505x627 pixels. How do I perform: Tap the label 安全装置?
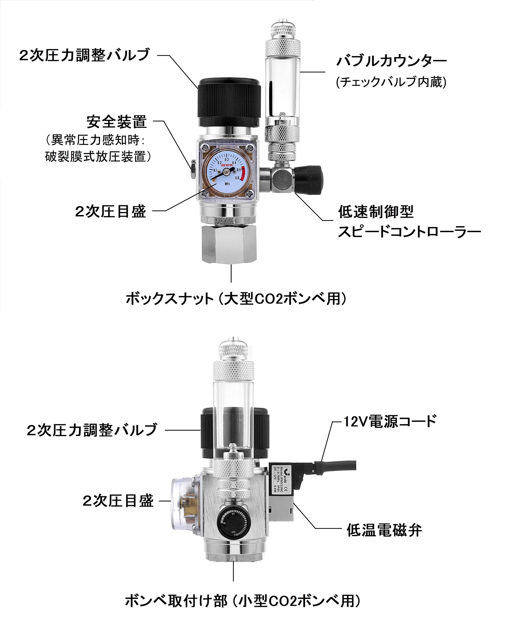point(117,122)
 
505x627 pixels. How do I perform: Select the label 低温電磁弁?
point(384,530)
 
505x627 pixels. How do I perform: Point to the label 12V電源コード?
point(390,421)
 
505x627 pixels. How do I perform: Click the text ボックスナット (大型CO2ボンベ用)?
point(236,299)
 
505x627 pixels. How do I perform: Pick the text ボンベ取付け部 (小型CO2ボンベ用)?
point(243,601)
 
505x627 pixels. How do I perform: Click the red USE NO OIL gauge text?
point(227,165)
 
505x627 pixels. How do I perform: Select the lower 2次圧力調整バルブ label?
point(92,430)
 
